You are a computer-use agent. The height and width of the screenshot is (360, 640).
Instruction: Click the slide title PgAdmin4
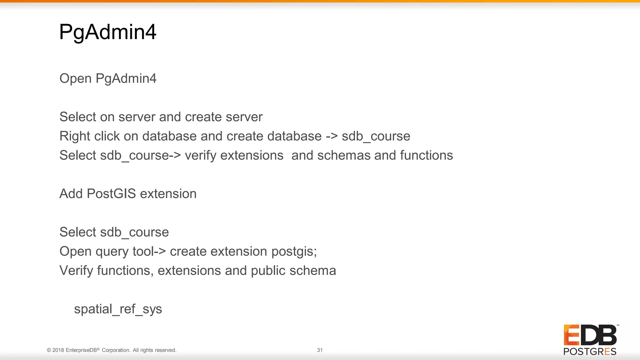tap(107, 32)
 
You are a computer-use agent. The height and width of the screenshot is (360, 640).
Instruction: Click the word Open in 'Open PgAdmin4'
tap(75, 78)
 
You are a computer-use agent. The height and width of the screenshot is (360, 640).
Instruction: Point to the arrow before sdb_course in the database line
tap(331, 136)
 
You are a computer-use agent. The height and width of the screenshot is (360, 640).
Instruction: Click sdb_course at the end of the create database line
tap(376, 136)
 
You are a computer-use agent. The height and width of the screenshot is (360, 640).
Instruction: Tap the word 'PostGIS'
tap(111, 194)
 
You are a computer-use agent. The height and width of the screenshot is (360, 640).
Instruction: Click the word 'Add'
tap(71, 194)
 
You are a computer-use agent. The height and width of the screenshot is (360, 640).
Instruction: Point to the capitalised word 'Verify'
tap(76, 271)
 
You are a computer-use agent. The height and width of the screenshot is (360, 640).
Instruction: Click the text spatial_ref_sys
tap(118, 309)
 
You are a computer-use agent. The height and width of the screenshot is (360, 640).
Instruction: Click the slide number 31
tap(320, 350)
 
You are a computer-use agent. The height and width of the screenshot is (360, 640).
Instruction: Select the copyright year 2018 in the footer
tap(58, 350)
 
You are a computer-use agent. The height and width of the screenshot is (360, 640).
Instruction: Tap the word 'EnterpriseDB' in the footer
tap(81, 350)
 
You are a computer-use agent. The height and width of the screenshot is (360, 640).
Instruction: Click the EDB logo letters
tap(590, 335)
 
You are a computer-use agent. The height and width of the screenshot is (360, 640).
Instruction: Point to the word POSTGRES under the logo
tap(590, 352)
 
